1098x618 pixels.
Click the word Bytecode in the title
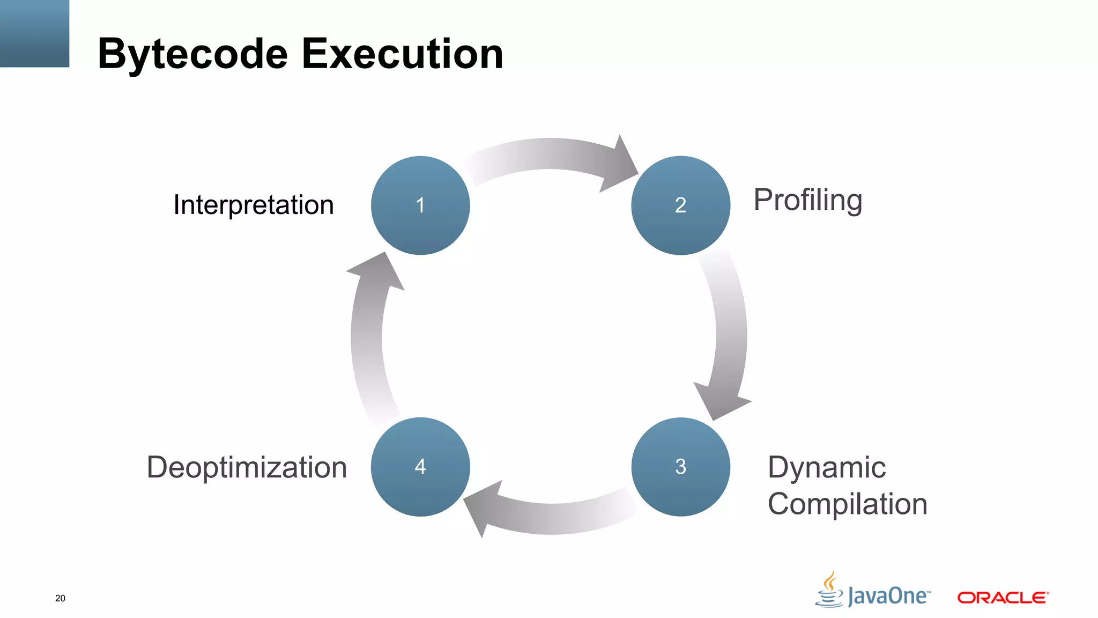193,54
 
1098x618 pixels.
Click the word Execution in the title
402,54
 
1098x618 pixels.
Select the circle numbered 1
420,205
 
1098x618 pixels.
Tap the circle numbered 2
680,205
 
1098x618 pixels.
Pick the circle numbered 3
680,467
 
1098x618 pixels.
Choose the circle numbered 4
420,467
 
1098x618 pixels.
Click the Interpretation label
254,205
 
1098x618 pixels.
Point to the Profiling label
807,201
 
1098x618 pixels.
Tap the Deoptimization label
247,467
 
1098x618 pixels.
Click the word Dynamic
827,467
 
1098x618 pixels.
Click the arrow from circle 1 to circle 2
552,156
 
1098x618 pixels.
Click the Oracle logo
1003,598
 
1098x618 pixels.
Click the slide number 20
60,598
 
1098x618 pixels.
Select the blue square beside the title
34,33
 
